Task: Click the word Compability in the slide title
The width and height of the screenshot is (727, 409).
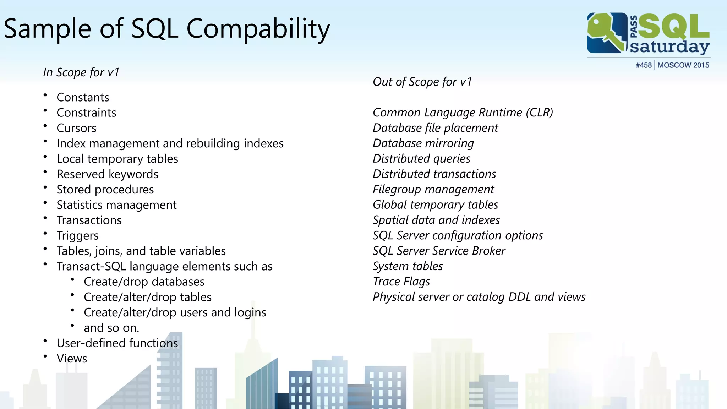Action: [258, 29]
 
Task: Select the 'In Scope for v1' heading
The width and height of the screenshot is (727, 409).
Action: [81, 72]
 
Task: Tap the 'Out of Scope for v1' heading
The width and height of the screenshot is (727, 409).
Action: [422, 82]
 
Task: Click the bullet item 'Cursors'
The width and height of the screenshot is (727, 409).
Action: [76, 128]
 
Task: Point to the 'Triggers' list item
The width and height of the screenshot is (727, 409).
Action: [77, 236]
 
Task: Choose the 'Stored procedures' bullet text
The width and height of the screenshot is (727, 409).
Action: [105, 190]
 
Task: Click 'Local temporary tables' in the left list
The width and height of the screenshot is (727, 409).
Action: [117, 159]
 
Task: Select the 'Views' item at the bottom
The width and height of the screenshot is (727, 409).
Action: [72, 359]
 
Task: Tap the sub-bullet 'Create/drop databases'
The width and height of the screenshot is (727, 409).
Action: [144, 282]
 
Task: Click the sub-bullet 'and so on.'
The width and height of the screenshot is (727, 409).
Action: [111, 328]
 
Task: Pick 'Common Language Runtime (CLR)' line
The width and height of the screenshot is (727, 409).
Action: [463, 113]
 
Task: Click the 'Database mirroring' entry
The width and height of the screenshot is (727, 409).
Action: [423, 143]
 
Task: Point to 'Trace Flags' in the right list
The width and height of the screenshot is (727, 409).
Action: [401, 282]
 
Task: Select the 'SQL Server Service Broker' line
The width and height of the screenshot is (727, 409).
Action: [439, 251]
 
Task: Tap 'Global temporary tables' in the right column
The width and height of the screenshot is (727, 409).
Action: [435, 205]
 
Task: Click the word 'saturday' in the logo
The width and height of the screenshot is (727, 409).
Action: [669, 47]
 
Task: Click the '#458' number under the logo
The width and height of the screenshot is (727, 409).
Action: [644, 65]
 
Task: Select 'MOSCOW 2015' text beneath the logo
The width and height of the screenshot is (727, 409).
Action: [683, 65]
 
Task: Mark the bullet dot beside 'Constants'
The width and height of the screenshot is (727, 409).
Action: [45, 95]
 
